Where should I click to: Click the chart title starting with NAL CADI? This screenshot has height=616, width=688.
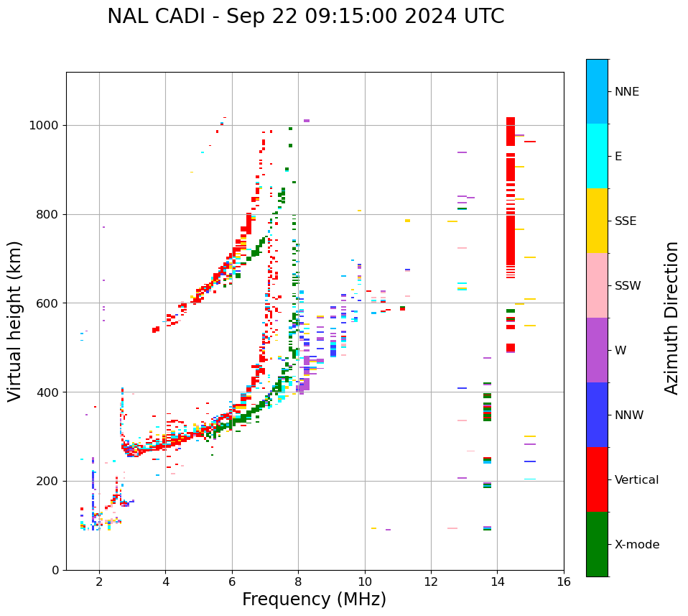[305, 17]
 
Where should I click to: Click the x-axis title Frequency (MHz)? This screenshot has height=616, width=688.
[314, 599]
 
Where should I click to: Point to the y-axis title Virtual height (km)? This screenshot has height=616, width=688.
[15, 321]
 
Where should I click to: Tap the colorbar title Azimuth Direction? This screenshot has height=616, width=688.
[671, 318]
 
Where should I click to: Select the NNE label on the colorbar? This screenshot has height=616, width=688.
[626, 92]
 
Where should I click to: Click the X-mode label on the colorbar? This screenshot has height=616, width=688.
[636, 545]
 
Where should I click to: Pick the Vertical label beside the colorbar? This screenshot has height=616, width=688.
[636, 480]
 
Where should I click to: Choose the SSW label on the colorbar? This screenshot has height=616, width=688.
[628, 286]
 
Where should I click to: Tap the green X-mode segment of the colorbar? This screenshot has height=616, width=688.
[597, 544]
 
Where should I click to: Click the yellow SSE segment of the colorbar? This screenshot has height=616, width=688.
[597, 221]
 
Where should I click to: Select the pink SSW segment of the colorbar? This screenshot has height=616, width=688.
[597, 285]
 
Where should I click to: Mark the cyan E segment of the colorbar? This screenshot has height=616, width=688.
[597, 156]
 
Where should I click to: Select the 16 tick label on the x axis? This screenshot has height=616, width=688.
[564, 581]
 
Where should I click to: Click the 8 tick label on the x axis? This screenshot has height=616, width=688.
[298, 581]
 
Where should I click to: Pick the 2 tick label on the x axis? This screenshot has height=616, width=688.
[99, 581]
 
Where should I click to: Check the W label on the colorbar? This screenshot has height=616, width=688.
[620, 351]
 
